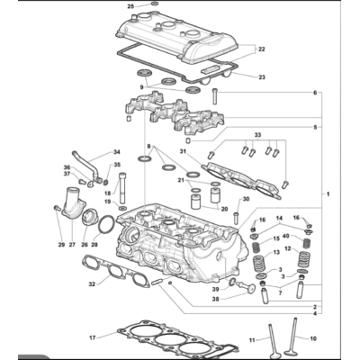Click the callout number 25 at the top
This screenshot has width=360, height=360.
[x=131, y=6]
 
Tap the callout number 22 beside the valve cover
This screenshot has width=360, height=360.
[x=262, y=49]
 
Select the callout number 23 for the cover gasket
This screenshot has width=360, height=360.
[x=262, y=77]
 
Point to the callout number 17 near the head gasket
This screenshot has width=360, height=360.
[x=93, y=337]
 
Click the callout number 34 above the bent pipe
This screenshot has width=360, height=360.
[x=116, y=152]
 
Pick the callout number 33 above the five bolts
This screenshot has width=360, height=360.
[x=258, y=135]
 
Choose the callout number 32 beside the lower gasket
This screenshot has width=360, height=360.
[x=92, y=283]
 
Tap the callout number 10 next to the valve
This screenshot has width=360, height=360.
[x=313, y=338]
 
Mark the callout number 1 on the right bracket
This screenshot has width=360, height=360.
[x=328, y=194]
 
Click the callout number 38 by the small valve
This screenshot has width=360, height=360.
[x=216, y=299]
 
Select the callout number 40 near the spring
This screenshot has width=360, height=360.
[x=286, y=236]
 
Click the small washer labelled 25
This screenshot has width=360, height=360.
[x=155, y=4]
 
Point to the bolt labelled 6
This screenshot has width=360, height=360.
[x=215, y=96]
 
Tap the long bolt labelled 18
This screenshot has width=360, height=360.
[x=122, y=188]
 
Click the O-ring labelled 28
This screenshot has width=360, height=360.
[x=106, y=224]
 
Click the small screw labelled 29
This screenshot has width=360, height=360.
[x=56, y=208]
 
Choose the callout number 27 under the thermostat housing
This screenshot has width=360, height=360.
[x=72, y=245]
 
